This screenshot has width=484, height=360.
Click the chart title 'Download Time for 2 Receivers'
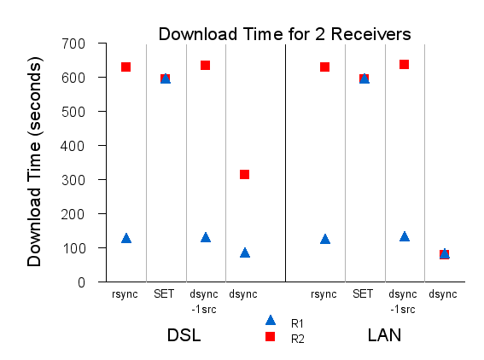pos(284,33)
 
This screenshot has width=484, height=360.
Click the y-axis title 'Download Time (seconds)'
pos(34,161)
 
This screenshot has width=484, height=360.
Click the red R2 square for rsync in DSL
pos(125,67)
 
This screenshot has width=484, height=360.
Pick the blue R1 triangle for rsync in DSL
pos(125,238)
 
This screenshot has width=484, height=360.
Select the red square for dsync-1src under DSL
pos(205,66)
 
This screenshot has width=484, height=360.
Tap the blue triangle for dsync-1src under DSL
pos(205,237)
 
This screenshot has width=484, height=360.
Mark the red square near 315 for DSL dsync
pos(245,175)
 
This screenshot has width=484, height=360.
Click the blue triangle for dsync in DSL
pos(245,253)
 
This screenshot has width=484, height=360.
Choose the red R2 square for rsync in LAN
pos(324,67)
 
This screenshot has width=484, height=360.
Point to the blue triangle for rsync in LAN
pos(324,239)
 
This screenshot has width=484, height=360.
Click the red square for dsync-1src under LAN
pos(404,64)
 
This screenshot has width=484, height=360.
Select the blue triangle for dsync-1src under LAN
pos(404,236)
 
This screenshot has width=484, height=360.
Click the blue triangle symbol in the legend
pos(271,321)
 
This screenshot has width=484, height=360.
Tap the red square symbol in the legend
pos(271,337)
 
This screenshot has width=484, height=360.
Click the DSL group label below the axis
pos(184,335)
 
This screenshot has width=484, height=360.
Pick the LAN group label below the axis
pos(384,335)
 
